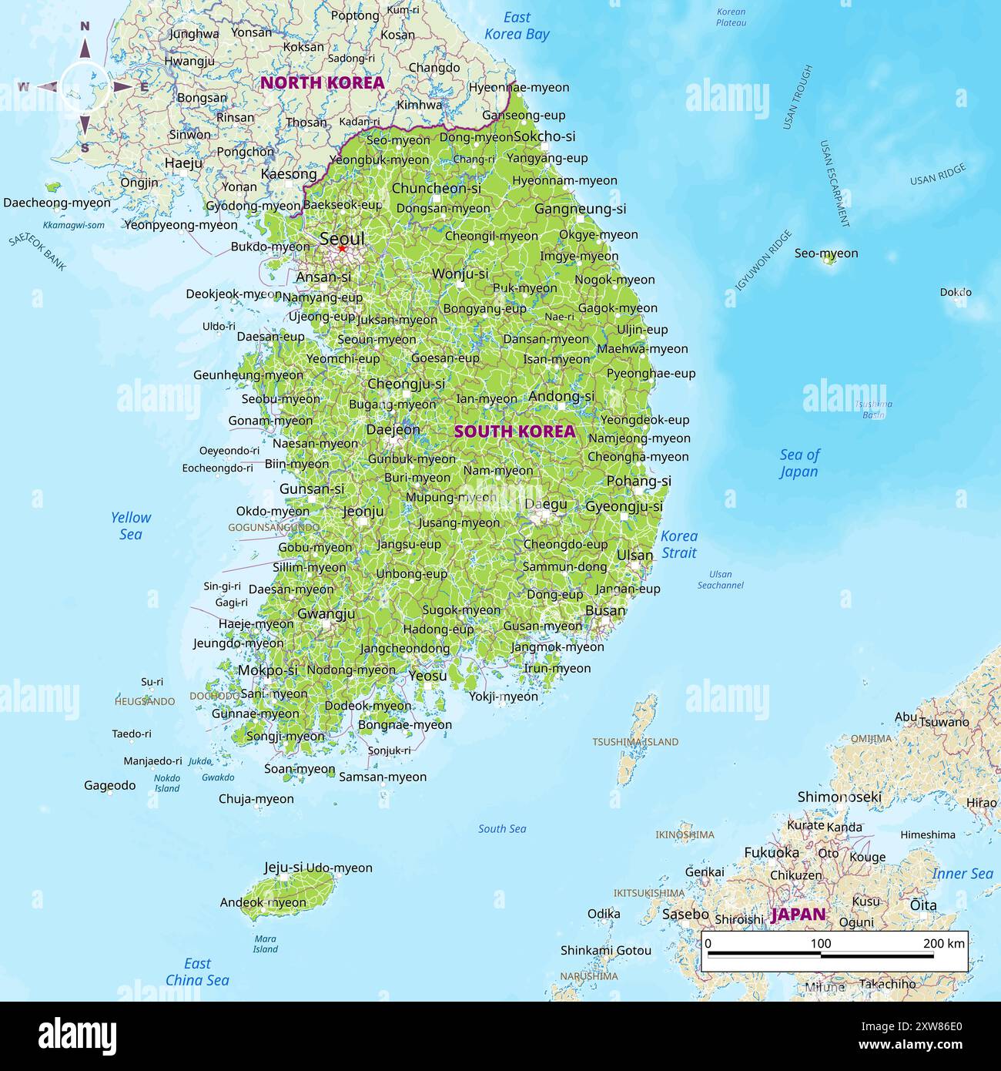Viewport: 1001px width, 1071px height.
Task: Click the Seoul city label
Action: click(342, 238)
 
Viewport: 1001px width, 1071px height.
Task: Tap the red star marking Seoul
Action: click(342, 249)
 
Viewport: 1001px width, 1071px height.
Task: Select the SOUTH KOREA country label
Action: click(514, 431)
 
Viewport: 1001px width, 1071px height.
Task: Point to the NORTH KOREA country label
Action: click(322, 83)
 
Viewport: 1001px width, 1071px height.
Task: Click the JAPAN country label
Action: click(798, 915)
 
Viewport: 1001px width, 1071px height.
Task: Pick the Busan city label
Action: click(605, 610)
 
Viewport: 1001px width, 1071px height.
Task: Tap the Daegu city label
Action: click(546, 505)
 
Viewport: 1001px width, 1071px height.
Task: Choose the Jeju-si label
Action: click(283, 867)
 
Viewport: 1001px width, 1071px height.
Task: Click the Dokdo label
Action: click(956, 292)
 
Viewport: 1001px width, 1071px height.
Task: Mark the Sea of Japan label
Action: click(799, 463)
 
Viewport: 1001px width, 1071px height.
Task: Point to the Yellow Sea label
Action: click(131, 525)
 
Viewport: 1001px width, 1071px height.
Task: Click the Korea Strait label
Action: click(679, 544)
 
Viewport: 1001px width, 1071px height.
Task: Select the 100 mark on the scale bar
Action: click(821, 943)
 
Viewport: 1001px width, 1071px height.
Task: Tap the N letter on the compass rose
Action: click(85, 27)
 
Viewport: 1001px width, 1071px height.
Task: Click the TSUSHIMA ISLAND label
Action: click(635, 742)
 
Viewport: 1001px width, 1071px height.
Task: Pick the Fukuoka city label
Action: click(772, 852)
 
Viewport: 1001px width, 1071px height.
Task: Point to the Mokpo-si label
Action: click(267, 670)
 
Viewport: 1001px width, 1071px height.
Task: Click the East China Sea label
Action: click(197, 972)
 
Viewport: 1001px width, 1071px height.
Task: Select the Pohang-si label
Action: click(638, 481)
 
